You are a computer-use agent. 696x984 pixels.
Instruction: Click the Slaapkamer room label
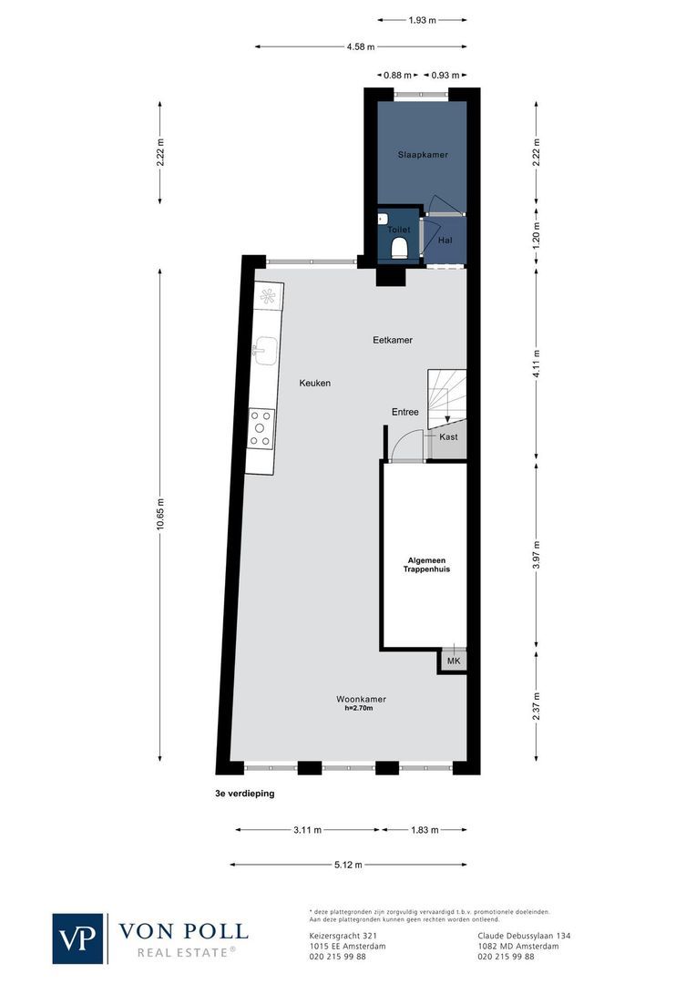point(423,155)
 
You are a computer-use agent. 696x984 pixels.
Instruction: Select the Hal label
point(445,241)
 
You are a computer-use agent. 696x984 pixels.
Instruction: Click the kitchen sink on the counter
point(266,349)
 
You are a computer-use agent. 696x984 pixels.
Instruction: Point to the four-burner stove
point(261,427)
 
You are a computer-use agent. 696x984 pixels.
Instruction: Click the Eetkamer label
point(393,340)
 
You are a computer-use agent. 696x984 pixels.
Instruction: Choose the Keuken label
point(314,384)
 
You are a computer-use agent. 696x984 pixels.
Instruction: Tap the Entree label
point(405,412)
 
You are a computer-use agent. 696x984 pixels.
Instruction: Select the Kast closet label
point(448,437)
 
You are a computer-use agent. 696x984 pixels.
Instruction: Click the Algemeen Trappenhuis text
point(427,565)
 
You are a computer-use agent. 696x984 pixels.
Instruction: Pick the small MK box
point(453,661)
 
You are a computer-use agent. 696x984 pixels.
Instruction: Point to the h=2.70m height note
point(359,708)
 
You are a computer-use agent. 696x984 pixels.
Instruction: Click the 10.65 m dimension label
point(160,516)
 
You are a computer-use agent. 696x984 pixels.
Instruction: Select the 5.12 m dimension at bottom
point(348,865)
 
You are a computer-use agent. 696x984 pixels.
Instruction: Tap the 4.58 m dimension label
point(361,46)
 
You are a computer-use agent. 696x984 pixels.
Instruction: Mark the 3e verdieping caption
point(244,794)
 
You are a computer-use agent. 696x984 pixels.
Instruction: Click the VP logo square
point(79,938)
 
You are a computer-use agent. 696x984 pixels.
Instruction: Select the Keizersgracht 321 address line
point(343,936)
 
